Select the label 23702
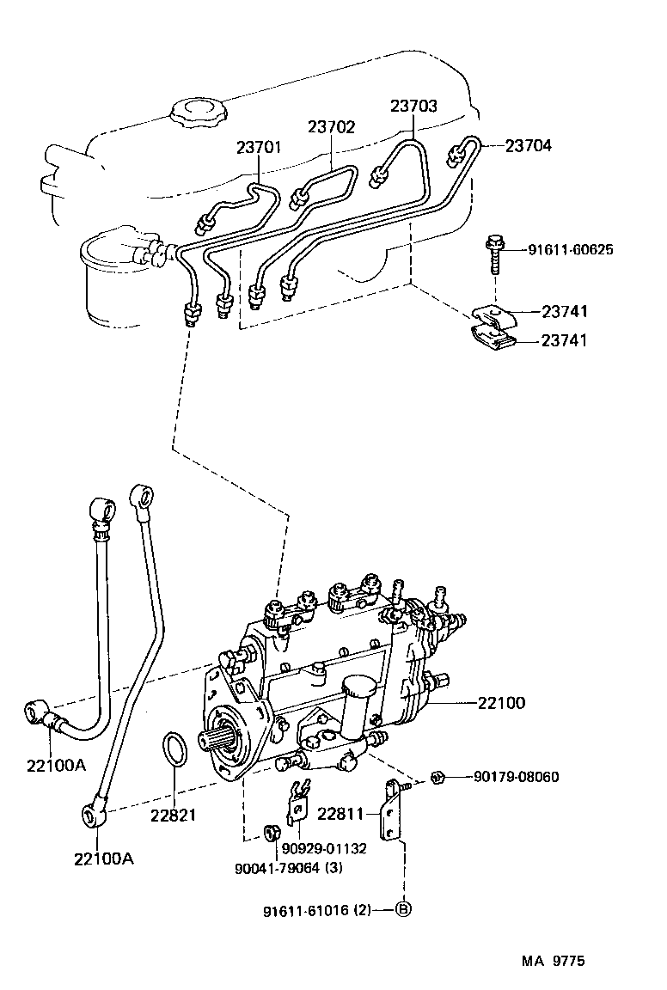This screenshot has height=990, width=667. coord(331,126)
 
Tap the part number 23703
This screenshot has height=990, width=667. coord(413,107)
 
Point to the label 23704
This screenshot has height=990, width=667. coord(528,146)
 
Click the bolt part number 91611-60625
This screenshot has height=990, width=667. coord(572,250)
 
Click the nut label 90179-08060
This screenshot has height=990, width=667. coord(516,777)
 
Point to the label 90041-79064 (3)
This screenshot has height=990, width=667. coord(288,867)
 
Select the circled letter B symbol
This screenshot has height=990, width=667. coord(402,909)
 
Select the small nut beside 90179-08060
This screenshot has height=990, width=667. coord(437,777)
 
